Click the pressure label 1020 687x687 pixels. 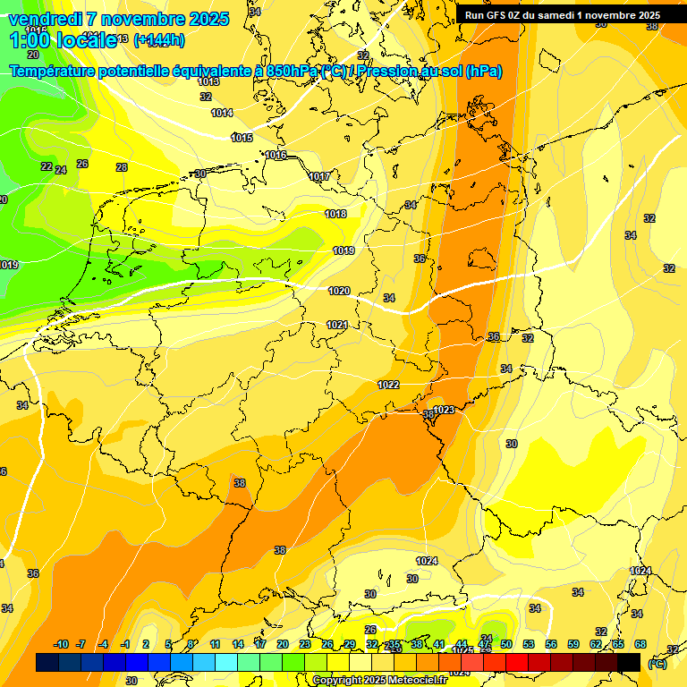[x=339, y=291]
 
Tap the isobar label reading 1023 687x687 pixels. [x=445, y=410]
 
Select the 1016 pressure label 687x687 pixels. [x=276, y=156]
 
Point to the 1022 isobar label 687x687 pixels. [x=388, y=385]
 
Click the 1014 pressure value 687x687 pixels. [x=222, y=113]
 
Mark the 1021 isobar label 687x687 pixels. [x=337, y=325]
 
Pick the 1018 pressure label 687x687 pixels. [x=335, y=214]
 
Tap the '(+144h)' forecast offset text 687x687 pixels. [x=159, y=39]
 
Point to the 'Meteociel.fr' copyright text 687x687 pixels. [x=412, y=680]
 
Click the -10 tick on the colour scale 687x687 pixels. [x=62, y=644]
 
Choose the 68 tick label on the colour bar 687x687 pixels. [x=640, y=644]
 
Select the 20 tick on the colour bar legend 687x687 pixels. [x=283, y=644]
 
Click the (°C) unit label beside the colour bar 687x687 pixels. [x=657, y=663]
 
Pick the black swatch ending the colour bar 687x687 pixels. [x=629, y=662]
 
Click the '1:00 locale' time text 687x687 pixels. [x=63, y=40]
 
